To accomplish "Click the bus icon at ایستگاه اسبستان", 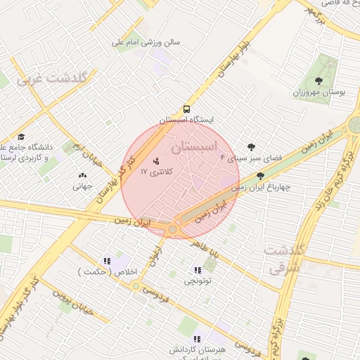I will [186, 109].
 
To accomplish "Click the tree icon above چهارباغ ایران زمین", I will [261, 176].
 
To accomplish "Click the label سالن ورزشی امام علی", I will [147, 42].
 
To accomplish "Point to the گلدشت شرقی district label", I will [284, 258].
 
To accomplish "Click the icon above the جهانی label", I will [83, 176].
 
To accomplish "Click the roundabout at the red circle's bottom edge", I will [172, 229].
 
